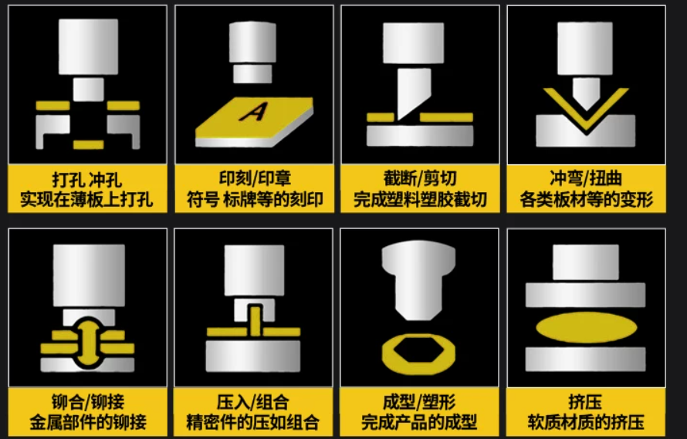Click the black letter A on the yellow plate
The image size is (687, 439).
point(254,112)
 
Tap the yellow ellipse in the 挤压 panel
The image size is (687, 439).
point(586,328)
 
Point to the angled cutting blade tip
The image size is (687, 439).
point(398,118)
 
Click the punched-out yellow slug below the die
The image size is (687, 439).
point(89,144)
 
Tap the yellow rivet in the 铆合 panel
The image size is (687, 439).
point(88,343)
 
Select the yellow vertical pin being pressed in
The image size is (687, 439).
point(256,321)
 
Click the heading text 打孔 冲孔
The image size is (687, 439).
point(87,180)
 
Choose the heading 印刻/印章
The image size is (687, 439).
point(255,179)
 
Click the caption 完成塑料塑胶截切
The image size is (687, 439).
point(420,200)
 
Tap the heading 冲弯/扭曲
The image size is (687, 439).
point(586,178)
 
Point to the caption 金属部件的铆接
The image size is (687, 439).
point(88,422)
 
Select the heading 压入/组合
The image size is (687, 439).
point(253,402)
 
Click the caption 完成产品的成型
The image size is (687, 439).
point(419,422)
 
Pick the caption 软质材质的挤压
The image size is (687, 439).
point(586,422)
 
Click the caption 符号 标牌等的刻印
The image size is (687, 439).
point(255,200)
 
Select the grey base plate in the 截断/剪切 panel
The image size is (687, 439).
point(420,136)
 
